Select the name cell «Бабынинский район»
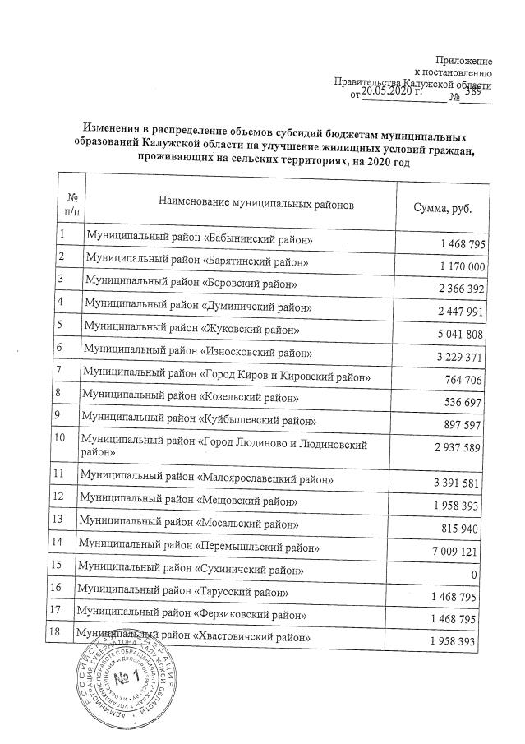pyautogui.click(x=201, y=239)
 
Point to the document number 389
pyautogui.click(x=473, y=93)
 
